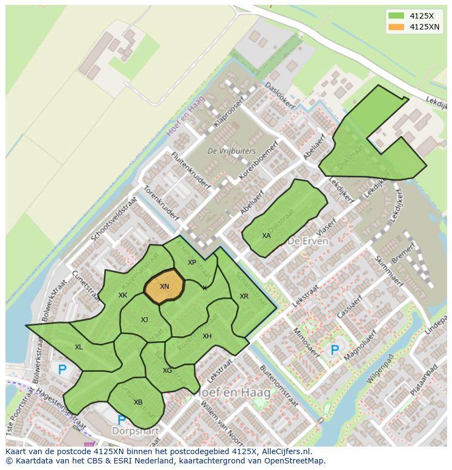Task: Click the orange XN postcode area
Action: coord(164,285)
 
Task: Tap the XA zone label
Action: coord(266,236)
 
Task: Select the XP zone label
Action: coord(192,263)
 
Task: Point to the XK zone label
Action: coord(123,295)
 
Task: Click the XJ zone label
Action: coord(144,320)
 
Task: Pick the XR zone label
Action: coord(244,296)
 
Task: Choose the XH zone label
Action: coord(207,336)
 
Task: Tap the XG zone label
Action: coord(167,371)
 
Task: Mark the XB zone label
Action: coord(138,402)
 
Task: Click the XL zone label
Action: coord(79,347)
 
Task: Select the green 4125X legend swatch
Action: coord(396,15)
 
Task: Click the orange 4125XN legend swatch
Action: coord(396,27)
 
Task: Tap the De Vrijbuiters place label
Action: coord(223,151)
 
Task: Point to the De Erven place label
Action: coord(308,241)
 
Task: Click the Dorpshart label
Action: coord(135,431)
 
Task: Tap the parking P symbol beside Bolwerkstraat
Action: coord(62,370)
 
